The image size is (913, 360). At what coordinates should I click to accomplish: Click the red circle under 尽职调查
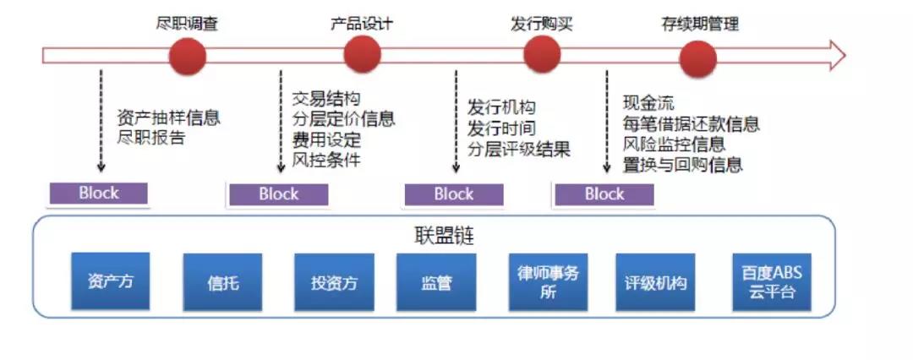pos(187,56)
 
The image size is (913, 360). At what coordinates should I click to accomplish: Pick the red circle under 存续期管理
pos(699,56)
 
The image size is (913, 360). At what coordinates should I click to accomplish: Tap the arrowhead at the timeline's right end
pos(836,56)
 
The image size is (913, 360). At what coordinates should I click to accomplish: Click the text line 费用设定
pos(326,139)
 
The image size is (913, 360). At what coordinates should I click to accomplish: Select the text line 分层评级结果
pos(519,150)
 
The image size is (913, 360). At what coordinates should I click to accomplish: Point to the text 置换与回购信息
pos(682,165)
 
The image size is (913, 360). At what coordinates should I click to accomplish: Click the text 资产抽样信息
pos(167,117)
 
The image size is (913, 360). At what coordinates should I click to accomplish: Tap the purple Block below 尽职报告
pos(99,193)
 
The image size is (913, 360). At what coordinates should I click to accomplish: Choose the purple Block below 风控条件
pos(278,194)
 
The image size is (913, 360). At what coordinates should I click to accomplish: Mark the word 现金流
pos(648,103)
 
